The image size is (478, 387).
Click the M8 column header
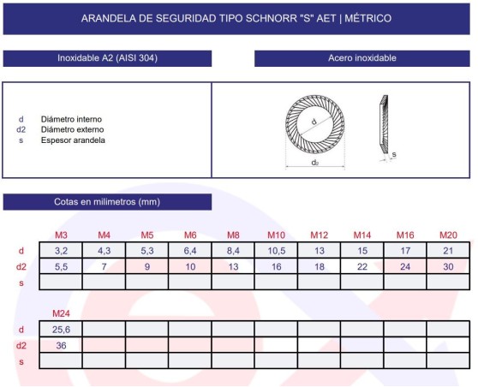[233, 235]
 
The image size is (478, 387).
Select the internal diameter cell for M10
[276, 251]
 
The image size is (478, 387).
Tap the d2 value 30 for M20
[448, 266]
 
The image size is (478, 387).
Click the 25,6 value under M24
[61, 329]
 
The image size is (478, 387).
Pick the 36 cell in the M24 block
[61, 345]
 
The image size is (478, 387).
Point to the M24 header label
[61, 313]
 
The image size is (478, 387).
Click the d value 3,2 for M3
[61, 251]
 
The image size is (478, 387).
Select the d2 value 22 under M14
[362, 266]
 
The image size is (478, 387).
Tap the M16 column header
[405, 235]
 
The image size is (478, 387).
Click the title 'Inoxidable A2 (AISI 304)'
[107, 58]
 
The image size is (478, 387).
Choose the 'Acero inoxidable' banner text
[362, 58]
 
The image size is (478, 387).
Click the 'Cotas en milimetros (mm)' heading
[107, 202]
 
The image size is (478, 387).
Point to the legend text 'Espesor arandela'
[73, 140]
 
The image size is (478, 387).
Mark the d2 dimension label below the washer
[315, 161]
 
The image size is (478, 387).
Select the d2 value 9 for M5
[146, 266]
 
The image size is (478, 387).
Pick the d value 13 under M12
[319, 251]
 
